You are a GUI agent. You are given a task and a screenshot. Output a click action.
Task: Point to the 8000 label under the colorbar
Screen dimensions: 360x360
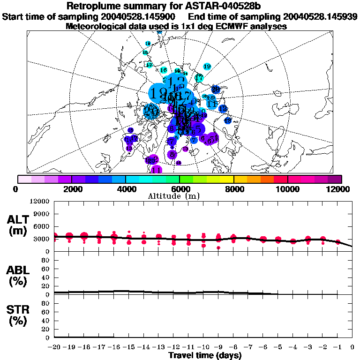233,189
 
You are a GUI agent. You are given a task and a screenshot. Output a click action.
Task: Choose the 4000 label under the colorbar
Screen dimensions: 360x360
125,189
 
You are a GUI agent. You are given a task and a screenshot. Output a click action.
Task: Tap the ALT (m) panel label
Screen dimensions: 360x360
18,225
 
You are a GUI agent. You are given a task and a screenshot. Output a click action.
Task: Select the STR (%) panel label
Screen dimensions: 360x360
18,315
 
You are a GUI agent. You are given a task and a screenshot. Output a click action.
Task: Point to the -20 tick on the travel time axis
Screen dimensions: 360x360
54,347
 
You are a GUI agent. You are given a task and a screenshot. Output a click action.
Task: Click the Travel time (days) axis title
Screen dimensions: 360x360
205,356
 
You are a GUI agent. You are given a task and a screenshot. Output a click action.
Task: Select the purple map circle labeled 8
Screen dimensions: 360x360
172,154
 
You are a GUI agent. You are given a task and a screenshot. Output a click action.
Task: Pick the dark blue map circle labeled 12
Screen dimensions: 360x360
223,109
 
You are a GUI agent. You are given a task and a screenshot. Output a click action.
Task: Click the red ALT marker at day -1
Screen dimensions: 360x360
337,242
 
